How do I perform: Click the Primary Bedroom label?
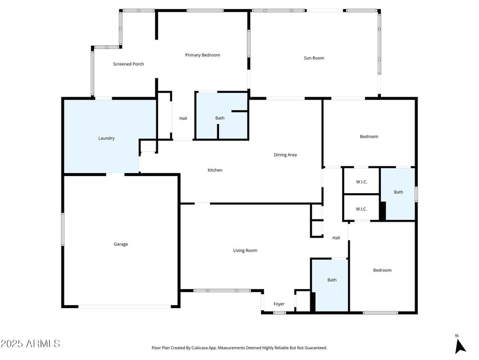point(202,55)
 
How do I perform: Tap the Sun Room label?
point(314,58)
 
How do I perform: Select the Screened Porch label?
point(128,64)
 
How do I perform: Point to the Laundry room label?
point(106,138)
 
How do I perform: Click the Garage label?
point(121,244)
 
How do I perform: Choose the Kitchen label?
point(215,170)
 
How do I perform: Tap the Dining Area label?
point(285,155)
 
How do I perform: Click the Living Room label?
point(245,250)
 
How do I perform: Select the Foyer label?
point(279,304)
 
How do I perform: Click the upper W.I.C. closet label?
point(362,182)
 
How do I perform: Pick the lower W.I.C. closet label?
point(361,209)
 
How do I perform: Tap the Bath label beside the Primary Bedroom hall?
point(220,118)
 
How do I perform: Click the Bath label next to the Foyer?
point(332,280)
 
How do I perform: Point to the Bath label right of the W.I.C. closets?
point(399,192)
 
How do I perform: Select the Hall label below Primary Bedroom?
point(183,118)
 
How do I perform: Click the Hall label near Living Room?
point(336,238)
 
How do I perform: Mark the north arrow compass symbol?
point(460,345)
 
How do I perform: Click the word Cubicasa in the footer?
point(200,348)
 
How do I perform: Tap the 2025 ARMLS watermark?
point(30,343)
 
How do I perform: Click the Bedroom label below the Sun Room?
point(369,137)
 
